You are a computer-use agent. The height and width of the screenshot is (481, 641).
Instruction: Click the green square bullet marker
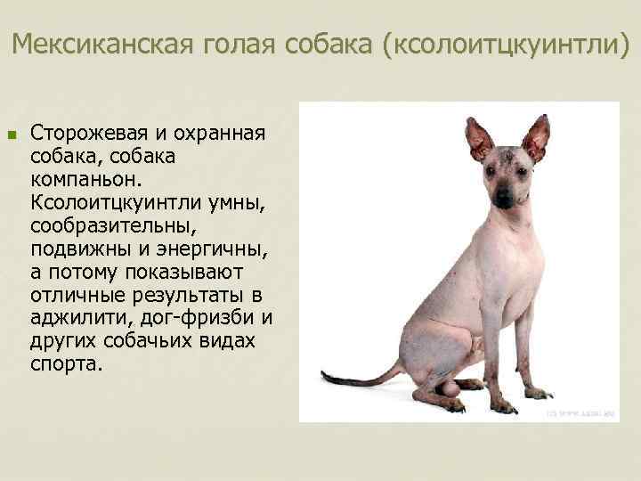click(x=12, y=135)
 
